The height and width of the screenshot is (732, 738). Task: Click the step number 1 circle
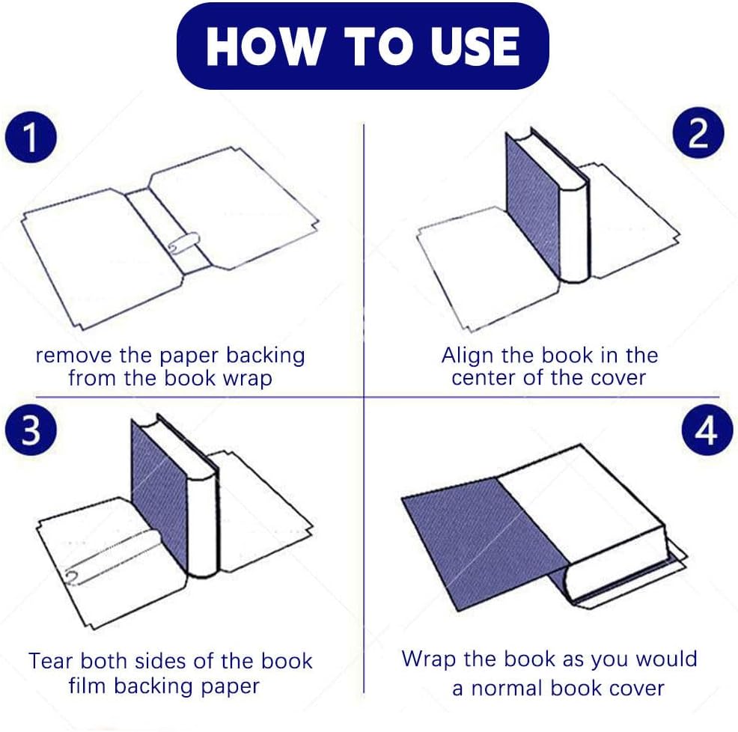pos(31,137)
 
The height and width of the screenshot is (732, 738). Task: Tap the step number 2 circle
pos(698,133)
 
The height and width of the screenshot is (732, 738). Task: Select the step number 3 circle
pos(31,430)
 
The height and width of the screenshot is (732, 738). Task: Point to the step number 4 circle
pos(707,430)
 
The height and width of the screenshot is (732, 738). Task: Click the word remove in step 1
pos(73,356)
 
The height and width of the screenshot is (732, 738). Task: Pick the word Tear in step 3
pos(50,661)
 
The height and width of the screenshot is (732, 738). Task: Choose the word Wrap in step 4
pos(428,659)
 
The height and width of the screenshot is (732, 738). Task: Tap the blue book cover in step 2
pos(533,202)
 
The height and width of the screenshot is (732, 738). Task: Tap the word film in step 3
pos(88,686)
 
